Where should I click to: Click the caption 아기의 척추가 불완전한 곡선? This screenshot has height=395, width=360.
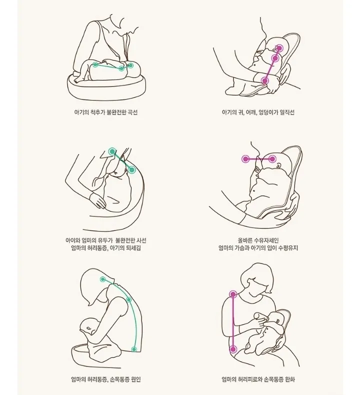point(106,112)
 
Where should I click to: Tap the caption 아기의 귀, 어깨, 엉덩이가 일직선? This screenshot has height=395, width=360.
point(258,112)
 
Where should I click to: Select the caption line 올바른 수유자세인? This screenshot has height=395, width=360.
point(258,240)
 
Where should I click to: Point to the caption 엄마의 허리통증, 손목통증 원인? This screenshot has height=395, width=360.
point(106,379)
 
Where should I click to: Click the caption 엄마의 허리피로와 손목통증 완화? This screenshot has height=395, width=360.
point(258,379)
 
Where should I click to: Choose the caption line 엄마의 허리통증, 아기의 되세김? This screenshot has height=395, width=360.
point(106,248)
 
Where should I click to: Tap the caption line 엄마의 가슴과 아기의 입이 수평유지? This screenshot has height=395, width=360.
point(258,248)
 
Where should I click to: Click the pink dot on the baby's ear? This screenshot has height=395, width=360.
point(279,48)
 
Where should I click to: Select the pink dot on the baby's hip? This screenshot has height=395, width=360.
point(265,81)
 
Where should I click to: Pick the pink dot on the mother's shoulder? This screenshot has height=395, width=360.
point(233,294)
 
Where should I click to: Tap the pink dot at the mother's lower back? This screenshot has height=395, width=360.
point(233,349)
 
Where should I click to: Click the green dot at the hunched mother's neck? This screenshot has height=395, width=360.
point(103,279)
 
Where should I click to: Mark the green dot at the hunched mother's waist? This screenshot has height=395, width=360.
point(134,349)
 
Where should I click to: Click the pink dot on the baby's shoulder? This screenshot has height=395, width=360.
point(275,58)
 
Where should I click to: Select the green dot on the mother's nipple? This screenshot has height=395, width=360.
point(112,151)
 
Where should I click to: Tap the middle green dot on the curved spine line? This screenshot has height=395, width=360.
point(129,300)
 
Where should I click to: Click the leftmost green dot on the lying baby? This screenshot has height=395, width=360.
point(95,64)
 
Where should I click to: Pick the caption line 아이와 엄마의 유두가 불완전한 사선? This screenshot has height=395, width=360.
point(106,240)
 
